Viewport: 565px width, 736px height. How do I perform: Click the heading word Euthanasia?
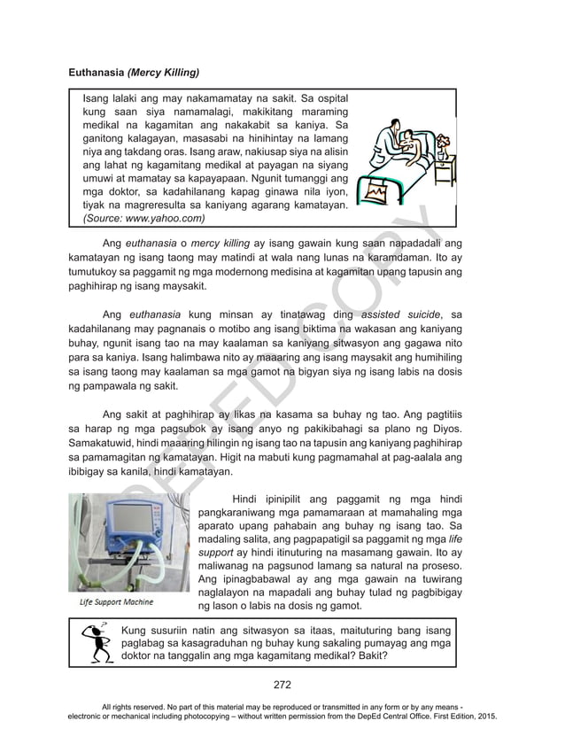97,71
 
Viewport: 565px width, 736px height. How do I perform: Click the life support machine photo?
128,542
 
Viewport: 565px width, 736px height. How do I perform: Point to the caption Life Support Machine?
116,602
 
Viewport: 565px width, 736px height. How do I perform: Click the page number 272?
282,684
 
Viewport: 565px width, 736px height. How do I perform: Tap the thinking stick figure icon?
91,644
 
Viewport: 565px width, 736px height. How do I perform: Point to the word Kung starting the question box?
134,629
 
